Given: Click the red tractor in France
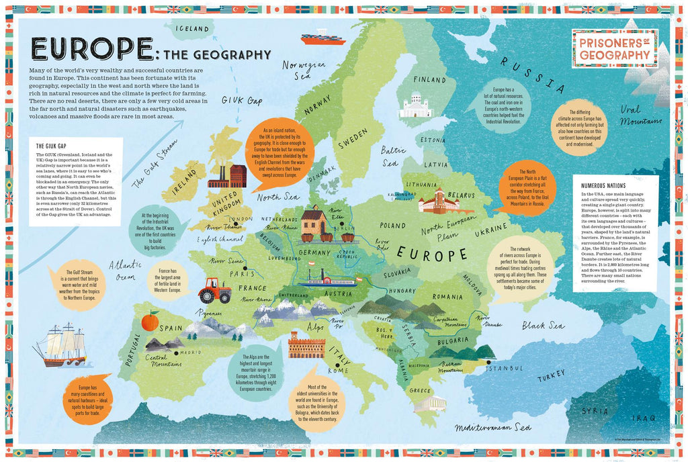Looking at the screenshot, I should [215, 290].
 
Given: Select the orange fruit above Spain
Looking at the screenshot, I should [149, 322].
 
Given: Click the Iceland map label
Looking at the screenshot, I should [191, 28].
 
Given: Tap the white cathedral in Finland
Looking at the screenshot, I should [415, 106].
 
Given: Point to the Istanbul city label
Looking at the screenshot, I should [505, 367].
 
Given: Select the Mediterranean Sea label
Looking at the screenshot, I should [492, 428].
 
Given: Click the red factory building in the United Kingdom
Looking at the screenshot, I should [226, 176].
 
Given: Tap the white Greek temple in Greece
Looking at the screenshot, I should [429, 404].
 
